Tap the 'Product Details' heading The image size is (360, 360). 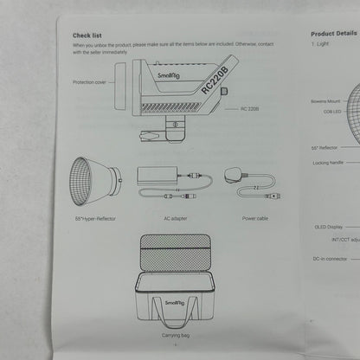(x=334, y=33)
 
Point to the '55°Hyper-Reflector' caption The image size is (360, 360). (x=94, y=218)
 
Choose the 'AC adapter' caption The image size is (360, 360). (x=175, y=218)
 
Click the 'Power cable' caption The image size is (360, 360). (x=254, y=218)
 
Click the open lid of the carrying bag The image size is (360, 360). (x=174, y=256)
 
